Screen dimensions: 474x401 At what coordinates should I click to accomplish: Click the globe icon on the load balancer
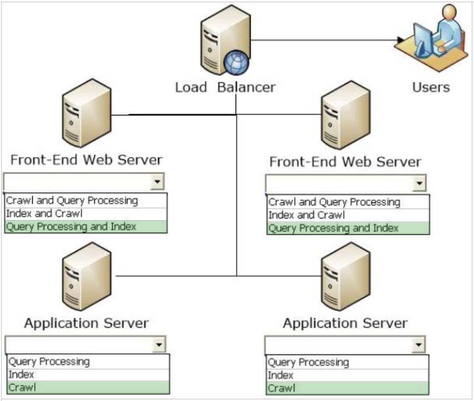pos(236,63)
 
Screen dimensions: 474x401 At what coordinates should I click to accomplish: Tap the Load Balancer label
pos(226,88)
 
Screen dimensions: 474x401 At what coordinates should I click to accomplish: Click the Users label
pos(431,87)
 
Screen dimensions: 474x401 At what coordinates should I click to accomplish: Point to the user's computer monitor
pos(422,39)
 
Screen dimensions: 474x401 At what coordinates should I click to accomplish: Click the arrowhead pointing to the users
pos(400,39)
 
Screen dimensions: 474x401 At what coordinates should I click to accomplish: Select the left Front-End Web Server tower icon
pos(86,113)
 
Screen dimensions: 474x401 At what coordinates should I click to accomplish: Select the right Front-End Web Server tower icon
pos(345,115)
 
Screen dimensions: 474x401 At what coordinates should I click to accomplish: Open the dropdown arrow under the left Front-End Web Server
pos(157,181)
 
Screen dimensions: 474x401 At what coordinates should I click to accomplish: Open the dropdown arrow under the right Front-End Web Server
pos(419,183)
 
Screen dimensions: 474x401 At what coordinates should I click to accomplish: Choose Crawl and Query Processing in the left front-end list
pos(72,201)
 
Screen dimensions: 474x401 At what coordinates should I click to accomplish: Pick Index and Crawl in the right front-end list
pos(307,215)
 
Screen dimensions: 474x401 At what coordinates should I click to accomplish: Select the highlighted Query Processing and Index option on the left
pos(72,227)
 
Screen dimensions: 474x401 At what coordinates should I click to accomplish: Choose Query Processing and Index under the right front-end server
pos(333,228)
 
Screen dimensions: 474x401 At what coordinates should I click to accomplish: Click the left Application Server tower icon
pos(86,276)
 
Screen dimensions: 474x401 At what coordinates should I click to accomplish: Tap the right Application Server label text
pos(345,323)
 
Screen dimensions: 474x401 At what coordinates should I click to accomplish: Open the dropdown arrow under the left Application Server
pos(159,344)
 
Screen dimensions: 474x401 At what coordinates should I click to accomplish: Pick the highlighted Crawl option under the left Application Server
pos(22,387)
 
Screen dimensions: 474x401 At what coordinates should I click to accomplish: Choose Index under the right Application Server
pos(281,375)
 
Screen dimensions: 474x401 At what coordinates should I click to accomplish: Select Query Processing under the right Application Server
pos(308,362)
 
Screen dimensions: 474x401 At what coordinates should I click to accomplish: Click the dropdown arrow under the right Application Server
pos(419,344)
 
